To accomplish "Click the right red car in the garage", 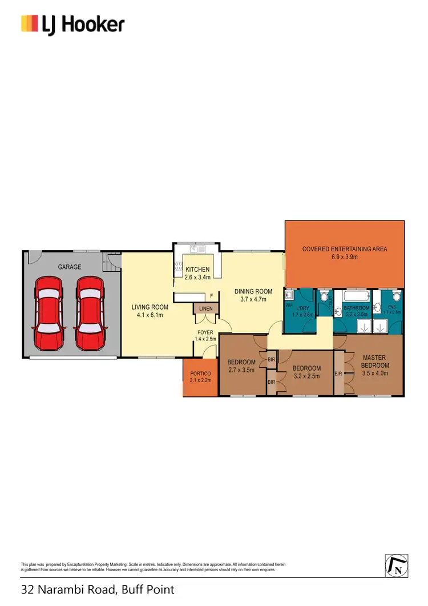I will [91, 314].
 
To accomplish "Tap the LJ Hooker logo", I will [72, 25].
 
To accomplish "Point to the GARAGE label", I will [70, 267].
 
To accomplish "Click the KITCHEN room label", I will [197, 270].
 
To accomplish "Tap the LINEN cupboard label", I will [205, 309].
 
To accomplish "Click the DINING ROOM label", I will [253, 291].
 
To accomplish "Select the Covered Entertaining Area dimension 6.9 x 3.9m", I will [344, 257].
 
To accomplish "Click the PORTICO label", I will [200, 374].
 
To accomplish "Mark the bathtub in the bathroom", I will [354, 297].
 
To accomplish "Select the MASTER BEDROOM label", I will [375, 362].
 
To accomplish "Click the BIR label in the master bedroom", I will [338, 374].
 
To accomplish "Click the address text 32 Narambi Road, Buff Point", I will [98, 589].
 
